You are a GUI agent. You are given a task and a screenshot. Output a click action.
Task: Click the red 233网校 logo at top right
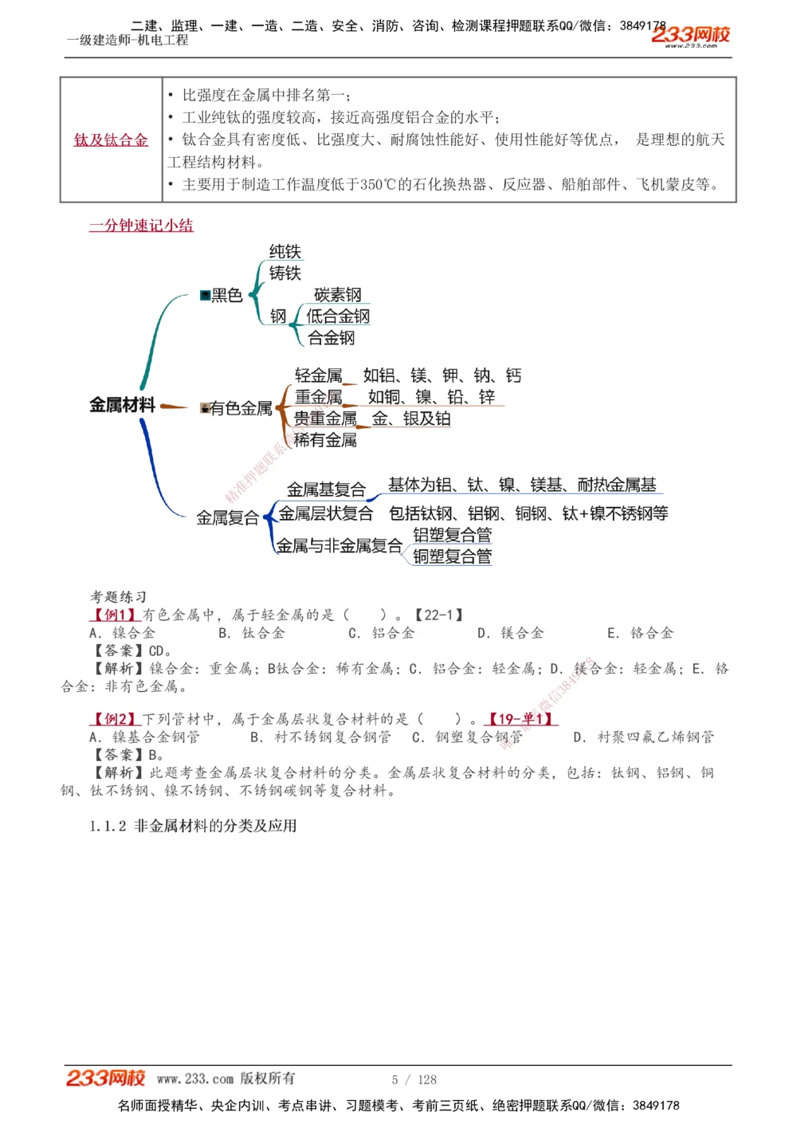690,34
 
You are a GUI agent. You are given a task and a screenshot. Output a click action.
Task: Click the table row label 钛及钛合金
111,140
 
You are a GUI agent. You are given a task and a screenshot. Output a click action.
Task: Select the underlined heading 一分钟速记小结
141,226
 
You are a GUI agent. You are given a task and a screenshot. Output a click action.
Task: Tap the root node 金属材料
122,405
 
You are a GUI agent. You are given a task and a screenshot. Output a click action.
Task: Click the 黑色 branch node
226,296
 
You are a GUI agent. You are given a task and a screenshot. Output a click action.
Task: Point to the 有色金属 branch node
240,409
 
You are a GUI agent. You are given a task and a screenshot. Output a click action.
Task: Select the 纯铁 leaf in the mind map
285,252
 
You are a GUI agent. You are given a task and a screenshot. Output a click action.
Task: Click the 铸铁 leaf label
285,273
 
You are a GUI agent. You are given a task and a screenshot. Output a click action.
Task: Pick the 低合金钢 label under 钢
338,316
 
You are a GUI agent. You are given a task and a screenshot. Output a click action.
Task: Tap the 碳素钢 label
337,295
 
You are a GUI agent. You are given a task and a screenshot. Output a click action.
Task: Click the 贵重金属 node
325,419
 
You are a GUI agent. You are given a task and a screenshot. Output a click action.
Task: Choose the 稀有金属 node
325,440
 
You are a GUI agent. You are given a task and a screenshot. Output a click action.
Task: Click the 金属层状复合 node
325,513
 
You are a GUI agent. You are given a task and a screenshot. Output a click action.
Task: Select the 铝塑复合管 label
452,535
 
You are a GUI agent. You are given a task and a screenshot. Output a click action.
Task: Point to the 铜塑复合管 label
452,556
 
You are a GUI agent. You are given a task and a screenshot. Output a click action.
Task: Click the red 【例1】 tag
115,615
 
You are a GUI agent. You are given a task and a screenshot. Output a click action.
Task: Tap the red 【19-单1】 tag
521,719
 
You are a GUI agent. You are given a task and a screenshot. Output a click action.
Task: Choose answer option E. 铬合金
640,633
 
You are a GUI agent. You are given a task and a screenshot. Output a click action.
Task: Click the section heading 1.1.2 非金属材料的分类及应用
193,826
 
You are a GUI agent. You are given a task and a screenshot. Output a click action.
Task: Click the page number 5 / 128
414,1079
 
